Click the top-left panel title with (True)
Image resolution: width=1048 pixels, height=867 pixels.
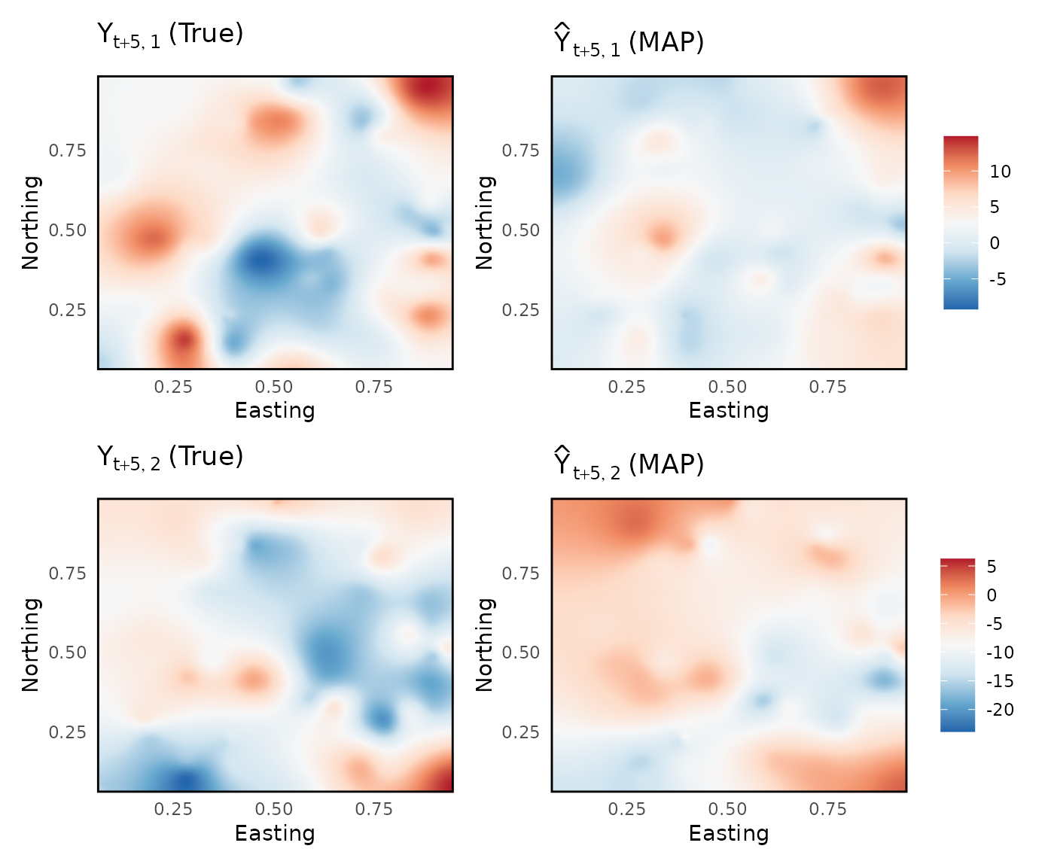pos(170,35)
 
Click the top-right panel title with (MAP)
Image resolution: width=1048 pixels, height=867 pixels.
pos(629,42)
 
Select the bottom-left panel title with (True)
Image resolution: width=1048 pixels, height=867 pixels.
pos(170,457)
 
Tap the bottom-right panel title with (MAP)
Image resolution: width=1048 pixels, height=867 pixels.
pos(629,464)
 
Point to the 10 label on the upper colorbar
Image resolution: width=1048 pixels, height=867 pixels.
pos(1000,172)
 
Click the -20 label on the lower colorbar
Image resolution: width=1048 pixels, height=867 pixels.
pos(1000,710)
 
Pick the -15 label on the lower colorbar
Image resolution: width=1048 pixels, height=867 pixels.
pos(1000,681)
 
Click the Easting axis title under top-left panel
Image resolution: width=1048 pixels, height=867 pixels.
pos(275,410)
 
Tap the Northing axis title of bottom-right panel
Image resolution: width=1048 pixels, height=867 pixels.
pos(484,644)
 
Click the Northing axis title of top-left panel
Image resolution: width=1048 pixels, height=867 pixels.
pos(30,222)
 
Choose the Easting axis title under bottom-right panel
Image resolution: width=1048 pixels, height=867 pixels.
pos(729,833)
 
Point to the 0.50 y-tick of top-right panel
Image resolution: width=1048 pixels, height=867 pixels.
pos(521,230)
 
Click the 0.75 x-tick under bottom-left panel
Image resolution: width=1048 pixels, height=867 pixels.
pos(374,809)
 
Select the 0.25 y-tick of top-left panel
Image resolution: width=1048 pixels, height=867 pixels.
pos(68,310)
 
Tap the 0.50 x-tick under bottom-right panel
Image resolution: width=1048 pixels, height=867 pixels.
pos(727,809)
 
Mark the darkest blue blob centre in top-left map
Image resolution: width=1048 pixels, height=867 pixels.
pos(260,261)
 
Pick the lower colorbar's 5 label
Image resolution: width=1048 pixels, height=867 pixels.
pos(992,567)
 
